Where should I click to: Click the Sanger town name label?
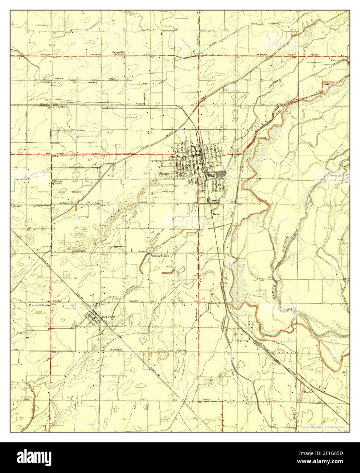(x=166, y=173)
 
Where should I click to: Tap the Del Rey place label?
(x=109, y=317)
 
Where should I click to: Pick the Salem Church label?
(x=58, y=182)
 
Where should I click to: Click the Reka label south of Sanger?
(x=216, y=214)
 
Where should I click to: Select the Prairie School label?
(x=38, y=305)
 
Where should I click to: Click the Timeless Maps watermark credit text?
(x=323, y=426)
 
